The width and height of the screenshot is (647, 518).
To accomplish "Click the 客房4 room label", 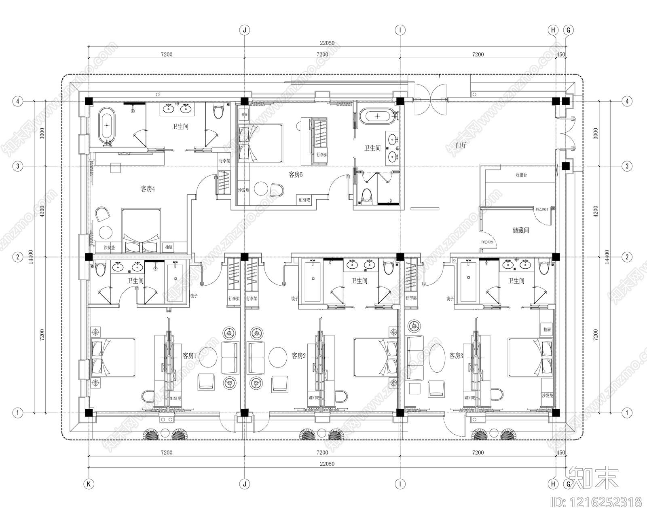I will coord(148,189).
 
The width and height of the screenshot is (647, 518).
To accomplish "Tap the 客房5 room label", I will coord(295,175).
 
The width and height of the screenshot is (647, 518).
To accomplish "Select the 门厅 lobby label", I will coord(461,145).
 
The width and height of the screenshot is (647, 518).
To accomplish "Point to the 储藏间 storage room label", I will coord(521,230).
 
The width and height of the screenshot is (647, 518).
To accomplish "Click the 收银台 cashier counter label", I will coord(521,175).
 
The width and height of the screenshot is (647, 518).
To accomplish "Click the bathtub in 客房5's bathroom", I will coord(377,116).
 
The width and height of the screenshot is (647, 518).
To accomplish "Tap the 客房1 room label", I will coord(189,356).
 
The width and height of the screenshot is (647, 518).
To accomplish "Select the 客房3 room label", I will coord(456,356).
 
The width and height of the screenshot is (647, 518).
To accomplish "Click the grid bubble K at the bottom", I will coord(88,484).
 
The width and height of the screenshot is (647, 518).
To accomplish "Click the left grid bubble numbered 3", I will coord(17,166).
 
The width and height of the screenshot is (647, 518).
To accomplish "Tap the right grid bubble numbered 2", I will coord(627,257).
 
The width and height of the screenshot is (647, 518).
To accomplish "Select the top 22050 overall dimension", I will coord(327,43).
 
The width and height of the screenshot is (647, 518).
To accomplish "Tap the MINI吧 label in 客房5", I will coord(304,200).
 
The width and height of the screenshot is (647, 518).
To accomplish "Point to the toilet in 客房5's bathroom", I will coord(366,195).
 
